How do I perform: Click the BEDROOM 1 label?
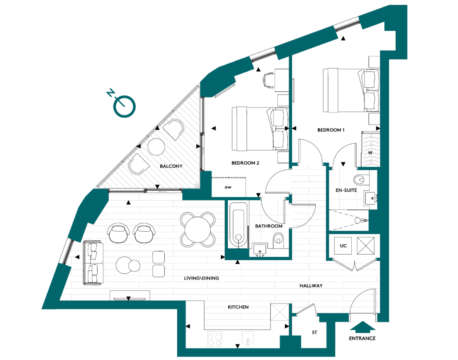(x=331, y=130)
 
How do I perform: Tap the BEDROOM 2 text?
(x=245, y=163)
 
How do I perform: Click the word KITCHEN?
(x=238, y=307)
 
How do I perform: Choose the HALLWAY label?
(x=311, y=286)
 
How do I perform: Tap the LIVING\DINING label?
(x=201, y=278)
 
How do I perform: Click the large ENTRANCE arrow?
(x=361, y=326)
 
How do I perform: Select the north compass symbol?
(x=125, y=106)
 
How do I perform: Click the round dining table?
(x=198, y=229)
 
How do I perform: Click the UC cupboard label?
(x=343, y=246)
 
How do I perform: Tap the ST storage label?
(x=314, y=333)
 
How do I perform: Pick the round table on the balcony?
(x=156, y=147)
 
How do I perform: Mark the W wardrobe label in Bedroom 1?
(x=370, y=153)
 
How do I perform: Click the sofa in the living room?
(x=92, y=262)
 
